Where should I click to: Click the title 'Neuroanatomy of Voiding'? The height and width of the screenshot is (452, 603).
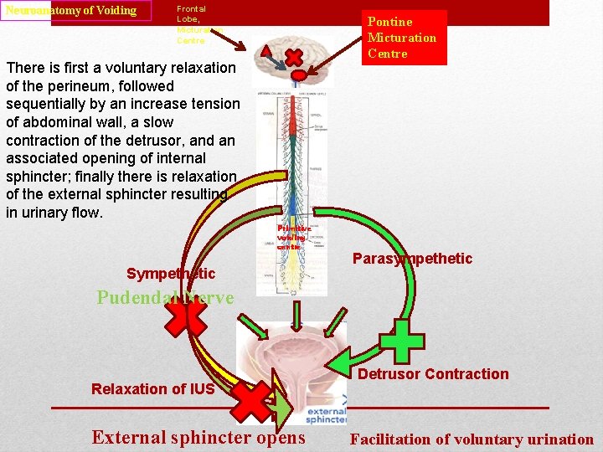click(x=72, y=11)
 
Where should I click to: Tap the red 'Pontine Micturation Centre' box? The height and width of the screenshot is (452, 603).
click(x=402, y=38)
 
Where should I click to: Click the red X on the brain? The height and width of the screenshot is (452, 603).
click(x=296, y=57)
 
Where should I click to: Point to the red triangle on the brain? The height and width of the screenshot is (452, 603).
click(x=265, y=51)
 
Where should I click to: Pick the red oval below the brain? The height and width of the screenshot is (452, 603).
click(x=298, y=76)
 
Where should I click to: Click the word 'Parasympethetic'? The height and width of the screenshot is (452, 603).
click(x=412, y=259)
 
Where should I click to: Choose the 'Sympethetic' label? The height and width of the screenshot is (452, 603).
click(x=171, y=274)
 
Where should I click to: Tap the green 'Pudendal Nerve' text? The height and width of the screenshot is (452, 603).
click(x=165, y=297)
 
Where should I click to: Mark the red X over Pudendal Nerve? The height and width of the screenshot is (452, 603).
click(x=185, y=321)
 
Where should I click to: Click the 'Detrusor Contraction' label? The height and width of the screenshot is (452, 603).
click(x=433, y=374)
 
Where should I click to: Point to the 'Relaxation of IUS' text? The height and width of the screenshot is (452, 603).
click(x=153, y=388)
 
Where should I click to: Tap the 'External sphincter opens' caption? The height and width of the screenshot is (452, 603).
click(x=198, y=437)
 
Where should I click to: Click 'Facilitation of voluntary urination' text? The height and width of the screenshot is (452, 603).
click(x=472, y=439)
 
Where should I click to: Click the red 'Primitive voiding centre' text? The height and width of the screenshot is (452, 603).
click(x=294, y=237)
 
